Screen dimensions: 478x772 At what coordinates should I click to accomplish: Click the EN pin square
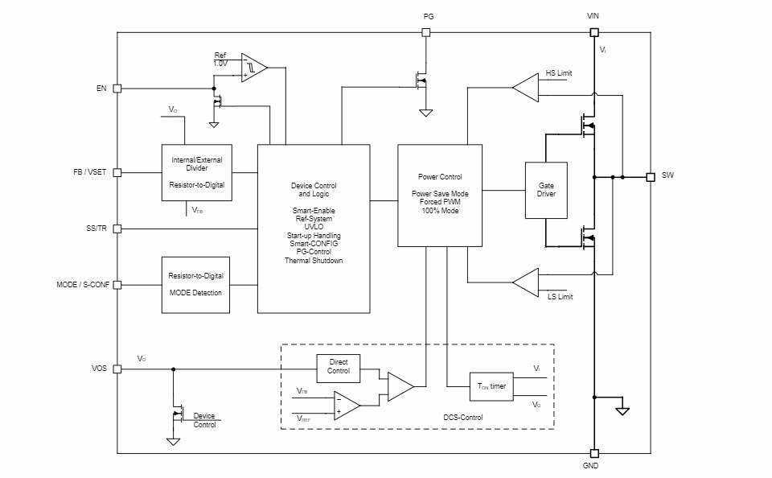(x=117, y=89)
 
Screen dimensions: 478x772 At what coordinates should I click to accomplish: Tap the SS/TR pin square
(x=117, y=229)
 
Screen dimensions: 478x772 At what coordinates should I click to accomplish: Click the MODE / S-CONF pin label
(x=83, y=285)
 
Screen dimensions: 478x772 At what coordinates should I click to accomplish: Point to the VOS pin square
(x=117, y=369)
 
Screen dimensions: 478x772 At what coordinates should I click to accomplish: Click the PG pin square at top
(x=426, y=33)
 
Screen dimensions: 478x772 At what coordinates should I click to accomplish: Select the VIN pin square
(x=594, y=33)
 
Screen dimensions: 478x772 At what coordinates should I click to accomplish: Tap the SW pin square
(x=651, y=176)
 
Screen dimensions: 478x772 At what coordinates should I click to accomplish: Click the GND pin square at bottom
(x=594, y=453)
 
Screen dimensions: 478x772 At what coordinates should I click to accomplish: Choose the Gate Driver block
(x=546, y=190)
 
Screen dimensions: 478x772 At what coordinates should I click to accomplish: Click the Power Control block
(x=440, y=196)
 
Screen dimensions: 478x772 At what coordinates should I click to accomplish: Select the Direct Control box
(x=339, y=367)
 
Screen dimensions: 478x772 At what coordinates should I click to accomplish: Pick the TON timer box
(x=492, y=386)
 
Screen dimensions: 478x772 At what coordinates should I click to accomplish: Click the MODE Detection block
(x=195, y=285)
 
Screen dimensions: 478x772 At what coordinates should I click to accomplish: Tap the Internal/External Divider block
(x=196, y=172)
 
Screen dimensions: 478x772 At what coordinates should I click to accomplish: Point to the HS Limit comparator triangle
(x=526, y=89)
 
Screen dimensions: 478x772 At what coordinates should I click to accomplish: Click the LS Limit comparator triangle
(x=526, y=282)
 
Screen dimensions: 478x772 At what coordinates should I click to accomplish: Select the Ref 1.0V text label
(x=220, y=60)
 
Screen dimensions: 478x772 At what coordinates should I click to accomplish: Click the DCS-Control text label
(x=463, y=417)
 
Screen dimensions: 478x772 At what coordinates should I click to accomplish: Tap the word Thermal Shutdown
(x=314, y=261)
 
